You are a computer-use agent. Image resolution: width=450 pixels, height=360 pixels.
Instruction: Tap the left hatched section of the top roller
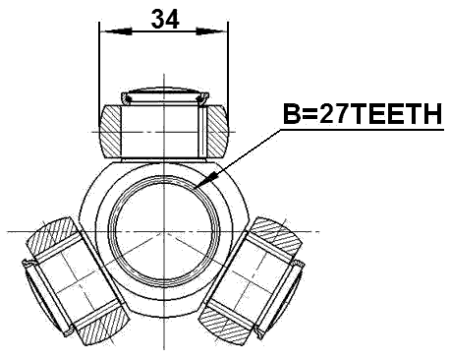tap(111, 130)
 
